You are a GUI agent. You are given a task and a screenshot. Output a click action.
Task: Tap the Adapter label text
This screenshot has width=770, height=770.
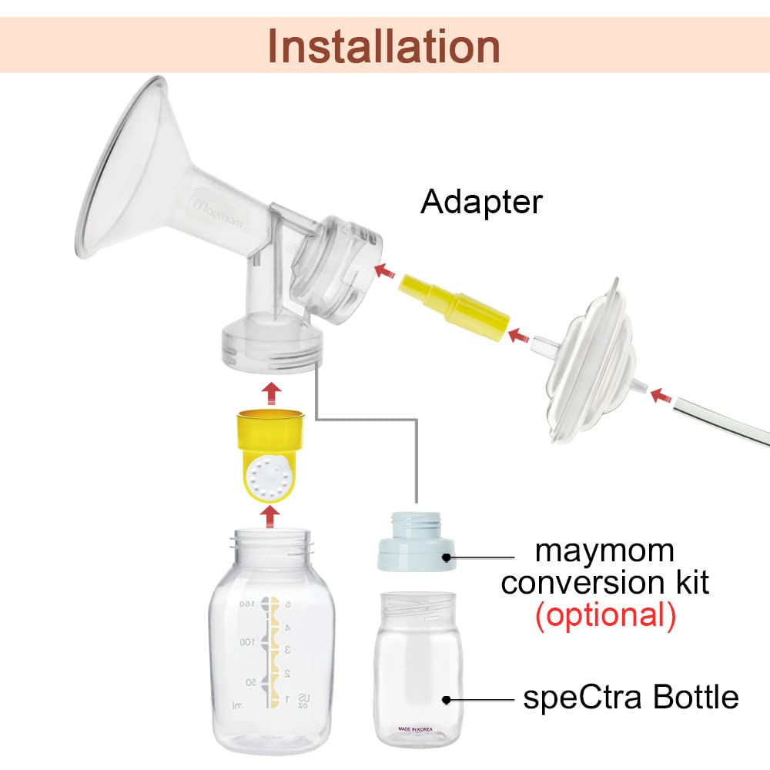click(x=481, y=202)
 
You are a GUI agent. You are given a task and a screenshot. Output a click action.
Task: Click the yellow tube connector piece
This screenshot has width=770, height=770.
click(x=453, y=308)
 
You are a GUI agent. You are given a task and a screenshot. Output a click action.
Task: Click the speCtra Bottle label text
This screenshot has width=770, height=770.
click(x=631, y=698)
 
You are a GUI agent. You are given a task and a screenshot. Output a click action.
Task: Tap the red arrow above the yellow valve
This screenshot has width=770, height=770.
click(x=270, y=391)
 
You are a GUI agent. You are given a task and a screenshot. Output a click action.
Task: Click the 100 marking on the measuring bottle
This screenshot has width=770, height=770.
click(x=246, y=641)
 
